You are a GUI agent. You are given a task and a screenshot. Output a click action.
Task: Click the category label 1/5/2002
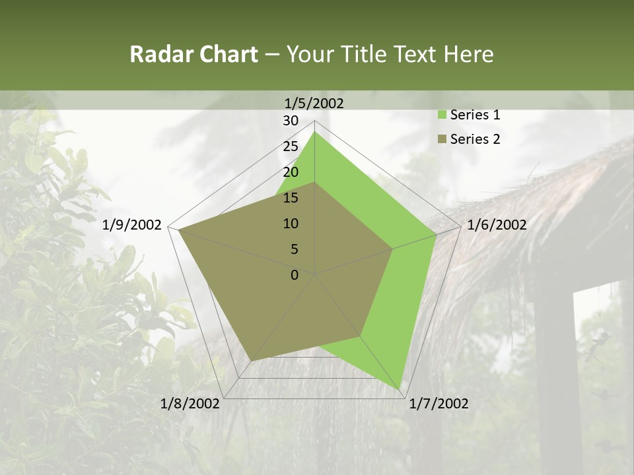pos(314,103)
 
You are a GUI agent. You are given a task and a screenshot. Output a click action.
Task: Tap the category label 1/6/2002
pos(497,225)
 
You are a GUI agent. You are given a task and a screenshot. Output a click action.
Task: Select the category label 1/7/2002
pos(439,404)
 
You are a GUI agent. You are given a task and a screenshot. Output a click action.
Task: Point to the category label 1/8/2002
pos(190,404)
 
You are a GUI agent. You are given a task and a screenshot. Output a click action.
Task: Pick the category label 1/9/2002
pos(132,225)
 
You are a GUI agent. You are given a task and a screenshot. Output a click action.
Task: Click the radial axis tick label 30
pos(291,121)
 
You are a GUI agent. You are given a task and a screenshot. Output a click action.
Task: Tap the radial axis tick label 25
pos(291,146)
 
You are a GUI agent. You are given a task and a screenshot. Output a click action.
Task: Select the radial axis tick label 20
pos(291,172)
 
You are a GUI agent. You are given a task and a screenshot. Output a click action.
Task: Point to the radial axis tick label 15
pos(291,198)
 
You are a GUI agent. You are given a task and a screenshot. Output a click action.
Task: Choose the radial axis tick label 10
pos(291,224)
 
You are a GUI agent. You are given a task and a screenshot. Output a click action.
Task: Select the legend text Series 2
pos(475,139)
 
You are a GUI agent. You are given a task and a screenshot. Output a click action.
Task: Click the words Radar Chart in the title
pos(194,55)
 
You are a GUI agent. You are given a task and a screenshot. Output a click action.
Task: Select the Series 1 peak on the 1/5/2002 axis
pos(315,132)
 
